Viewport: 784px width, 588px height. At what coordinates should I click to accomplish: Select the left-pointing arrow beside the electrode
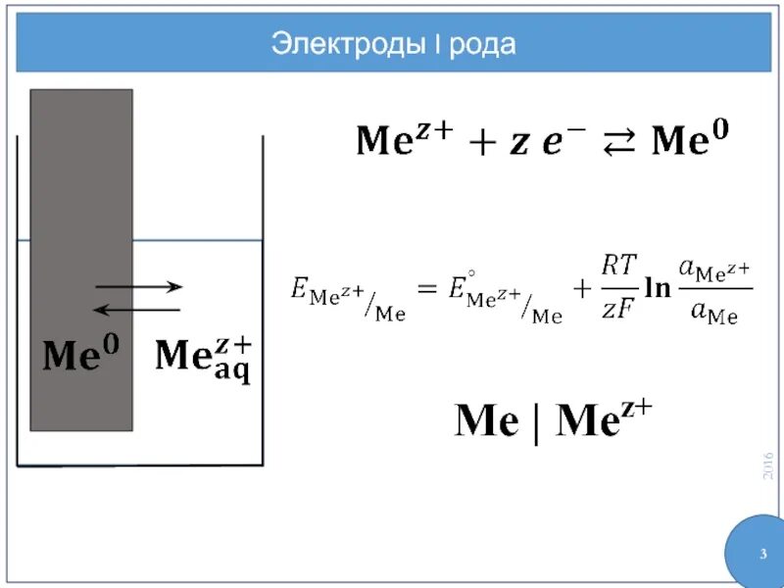click(136, 310)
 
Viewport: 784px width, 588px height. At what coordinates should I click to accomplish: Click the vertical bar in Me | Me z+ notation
click(536, 424)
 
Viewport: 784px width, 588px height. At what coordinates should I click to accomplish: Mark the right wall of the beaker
click(263, 294)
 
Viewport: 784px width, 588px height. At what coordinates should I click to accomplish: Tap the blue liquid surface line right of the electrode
click(196, 240)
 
